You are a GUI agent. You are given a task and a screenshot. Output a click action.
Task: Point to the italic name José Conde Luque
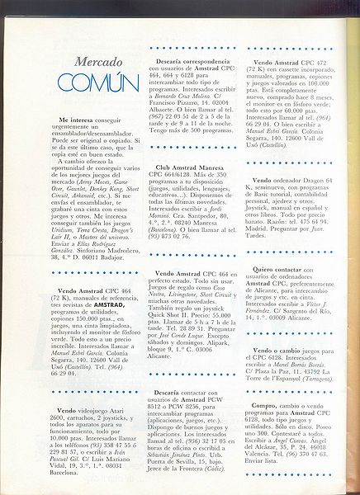coord(179,339)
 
